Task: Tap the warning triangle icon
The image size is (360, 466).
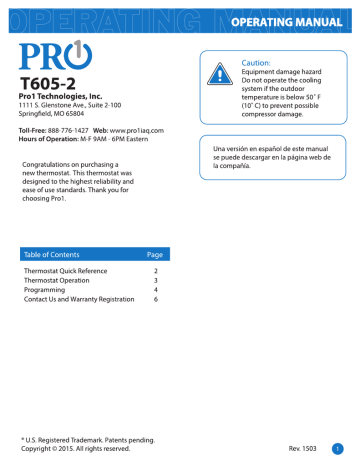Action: pyautogui.click(x=218, y=73)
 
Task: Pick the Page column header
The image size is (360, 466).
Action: pyautogui.click(x=155, y=255)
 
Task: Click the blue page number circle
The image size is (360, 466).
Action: pyautogui.click(x=339, y=448)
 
